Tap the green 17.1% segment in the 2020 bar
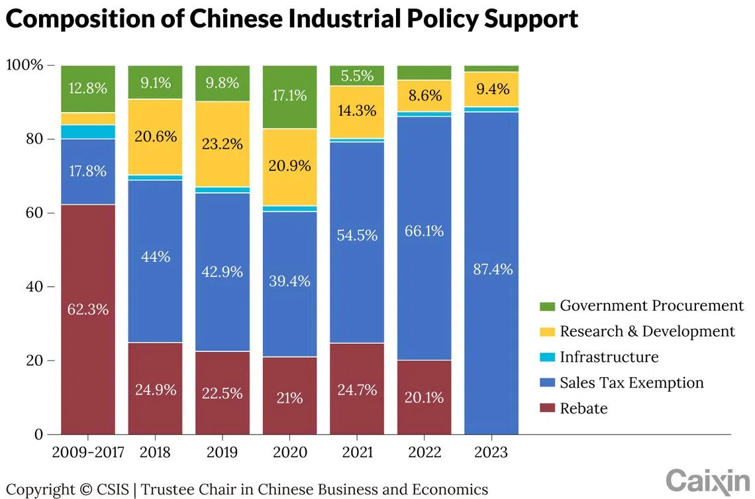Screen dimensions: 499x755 pyautogui.click(x=289, y=97)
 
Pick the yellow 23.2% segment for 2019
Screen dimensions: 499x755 pyautogui.click(x=223, y=144)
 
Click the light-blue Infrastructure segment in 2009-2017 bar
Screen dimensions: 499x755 pyautogui.click(x=88, y=132)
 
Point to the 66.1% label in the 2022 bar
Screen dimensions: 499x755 pyautogui.click(x=424, y=231)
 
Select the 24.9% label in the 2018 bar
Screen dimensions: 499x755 pyautogui.click(x=155, y=390)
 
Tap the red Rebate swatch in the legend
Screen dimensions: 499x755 pyautogui.click(x=547, y=409)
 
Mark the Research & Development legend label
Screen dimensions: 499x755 pyautogui.click(x=647, y=331)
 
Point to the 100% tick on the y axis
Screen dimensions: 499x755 pyautogui.click(x=25, y=65)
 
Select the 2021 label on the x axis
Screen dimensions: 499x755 pyautogui.click(x=357, y=453)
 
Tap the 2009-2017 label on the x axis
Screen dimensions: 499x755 pyautogui.click(x=88, y=453)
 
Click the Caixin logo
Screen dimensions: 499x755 pyautogui.click(x=707, y=479)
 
